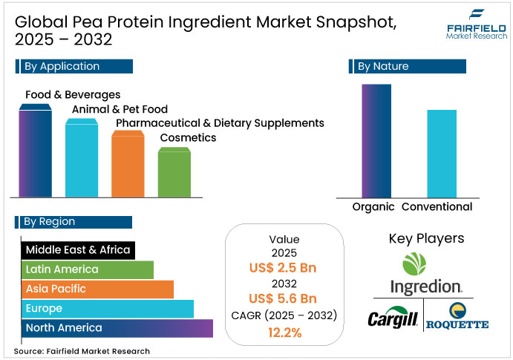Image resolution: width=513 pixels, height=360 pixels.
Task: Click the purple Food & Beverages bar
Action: click(x=35, y=152)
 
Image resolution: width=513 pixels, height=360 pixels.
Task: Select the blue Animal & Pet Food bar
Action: click(x=81, y=157)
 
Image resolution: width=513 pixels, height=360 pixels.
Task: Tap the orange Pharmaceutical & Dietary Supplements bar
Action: click(x=127, y=165)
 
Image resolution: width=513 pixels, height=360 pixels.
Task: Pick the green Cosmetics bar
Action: click(x=174, y=172)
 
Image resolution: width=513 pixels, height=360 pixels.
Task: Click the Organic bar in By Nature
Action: click(x=376, y=141)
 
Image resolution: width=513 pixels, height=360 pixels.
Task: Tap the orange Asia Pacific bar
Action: click(x=96, y=289)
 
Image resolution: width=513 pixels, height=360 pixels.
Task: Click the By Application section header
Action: click(x=74, y=67)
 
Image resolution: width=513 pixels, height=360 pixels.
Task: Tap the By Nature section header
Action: click(x=407, y=67)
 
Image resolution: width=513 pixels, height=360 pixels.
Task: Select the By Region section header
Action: click(x=73, y=222)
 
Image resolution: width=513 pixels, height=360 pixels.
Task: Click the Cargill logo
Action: click(x=393, y=318)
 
